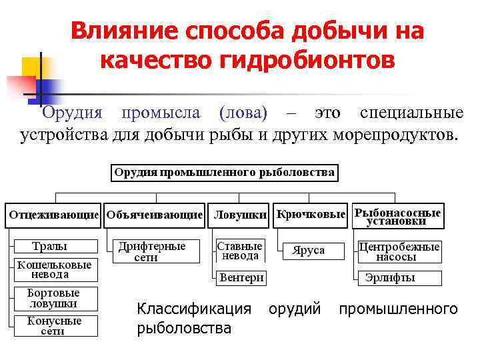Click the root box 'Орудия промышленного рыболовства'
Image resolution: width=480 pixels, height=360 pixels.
tap(224, 172)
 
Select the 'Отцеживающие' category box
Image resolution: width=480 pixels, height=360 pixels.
tap(54, 215)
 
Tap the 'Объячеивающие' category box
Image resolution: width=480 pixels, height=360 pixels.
tap(154, 215)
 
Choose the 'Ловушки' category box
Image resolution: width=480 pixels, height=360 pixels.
tap(239, 215)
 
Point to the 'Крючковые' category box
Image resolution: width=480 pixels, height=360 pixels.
tap(311, 215)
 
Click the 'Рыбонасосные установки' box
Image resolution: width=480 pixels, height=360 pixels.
tap(397, 215)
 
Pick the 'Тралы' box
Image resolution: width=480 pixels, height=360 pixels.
tap(49, 246)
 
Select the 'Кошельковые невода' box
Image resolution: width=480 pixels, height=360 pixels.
tap(54, 269)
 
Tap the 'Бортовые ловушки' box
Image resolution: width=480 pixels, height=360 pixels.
tap(53, 298)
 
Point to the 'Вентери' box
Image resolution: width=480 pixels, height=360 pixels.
tap(241, 277)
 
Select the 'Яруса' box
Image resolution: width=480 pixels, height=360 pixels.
tap(309, 251)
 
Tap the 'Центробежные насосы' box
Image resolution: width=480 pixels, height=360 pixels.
tap(399, 251)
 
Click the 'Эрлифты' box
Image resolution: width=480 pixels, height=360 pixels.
tap(390, 277)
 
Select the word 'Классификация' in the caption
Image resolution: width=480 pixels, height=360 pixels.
tap(194, 309)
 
